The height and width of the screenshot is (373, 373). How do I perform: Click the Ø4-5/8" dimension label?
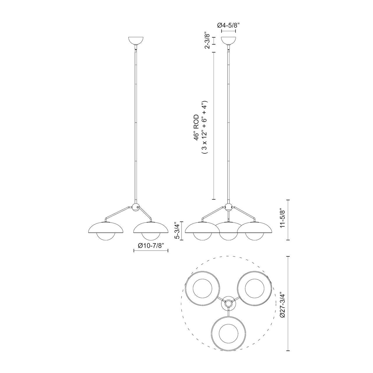(228, 25)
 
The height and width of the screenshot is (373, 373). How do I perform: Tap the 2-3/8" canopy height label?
(207, 41)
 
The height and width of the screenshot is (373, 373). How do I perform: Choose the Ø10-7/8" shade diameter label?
(151, 245)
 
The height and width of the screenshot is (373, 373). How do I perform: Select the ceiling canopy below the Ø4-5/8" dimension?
(228, 41)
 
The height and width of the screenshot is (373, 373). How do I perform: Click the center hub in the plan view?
(228, 303)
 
